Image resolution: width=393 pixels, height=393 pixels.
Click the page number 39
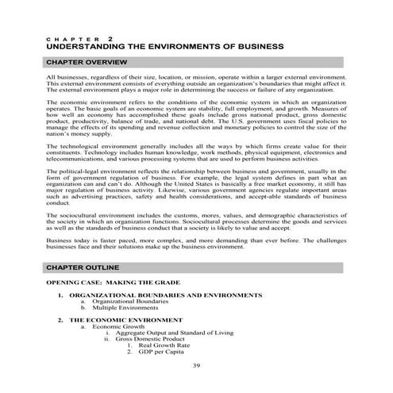[196, 365]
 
